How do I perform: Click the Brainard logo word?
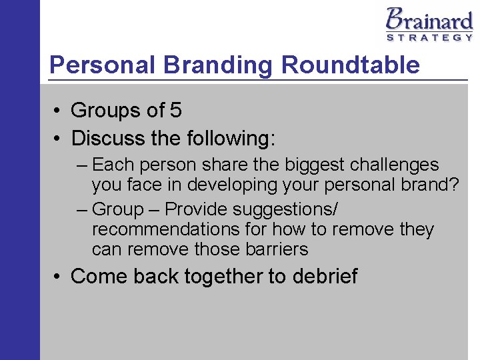click(429, 19)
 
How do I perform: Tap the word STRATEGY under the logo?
click(430, 38)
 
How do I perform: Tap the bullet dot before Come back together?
click(58, 276)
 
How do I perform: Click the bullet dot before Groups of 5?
click(58, 111)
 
